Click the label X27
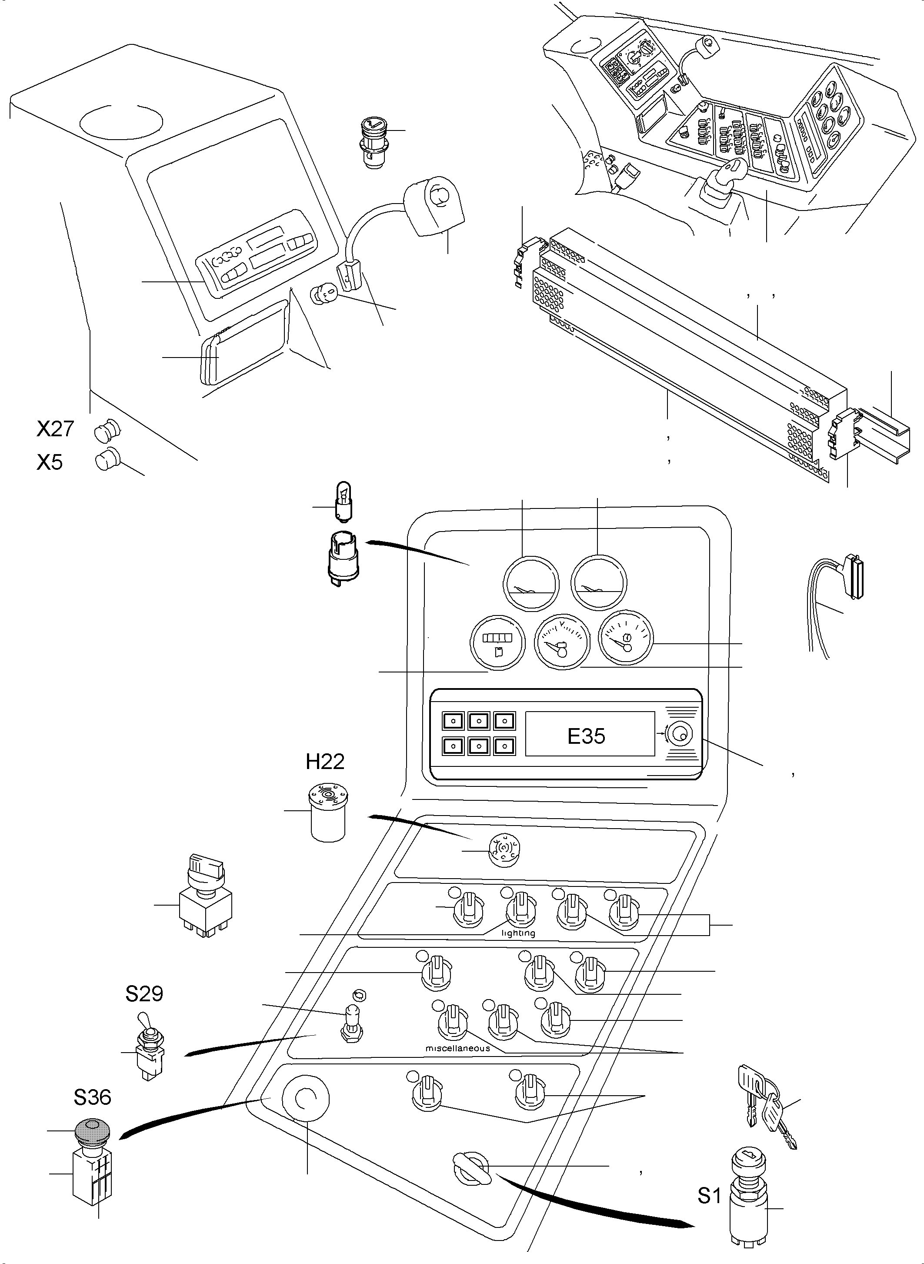coord(55,428)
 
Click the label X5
coord(50,462)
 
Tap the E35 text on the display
coord(586,736)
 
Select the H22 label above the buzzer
coord(325,761)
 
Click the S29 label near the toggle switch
coord(144,994)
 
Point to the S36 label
coord(92,1097)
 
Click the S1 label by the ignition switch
coord(709,1196)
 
